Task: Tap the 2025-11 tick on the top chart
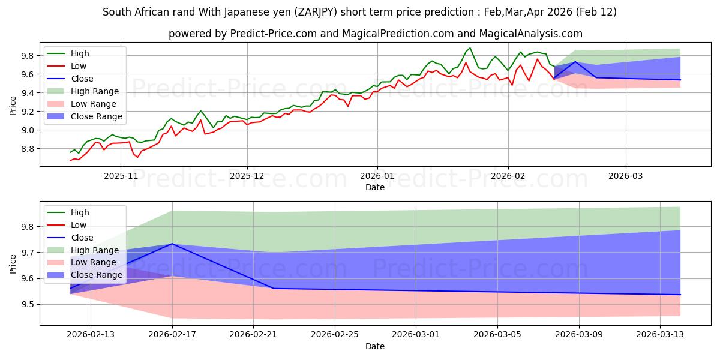click(121, 176)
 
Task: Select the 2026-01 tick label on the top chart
click(377, 176)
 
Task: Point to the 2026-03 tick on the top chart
click(626, 176)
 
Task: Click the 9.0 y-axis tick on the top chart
click(27, 130)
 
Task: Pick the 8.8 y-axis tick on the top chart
click(27, 149)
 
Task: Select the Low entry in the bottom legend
click(79, 225)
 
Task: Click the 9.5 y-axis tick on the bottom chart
click(27, 304)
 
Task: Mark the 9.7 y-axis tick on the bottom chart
click(27, 253)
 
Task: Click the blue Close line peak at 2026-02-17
click(172, 244)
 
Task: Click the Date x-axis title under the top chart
click(375, 187)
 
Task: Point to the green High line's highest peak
click(470, 48)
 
